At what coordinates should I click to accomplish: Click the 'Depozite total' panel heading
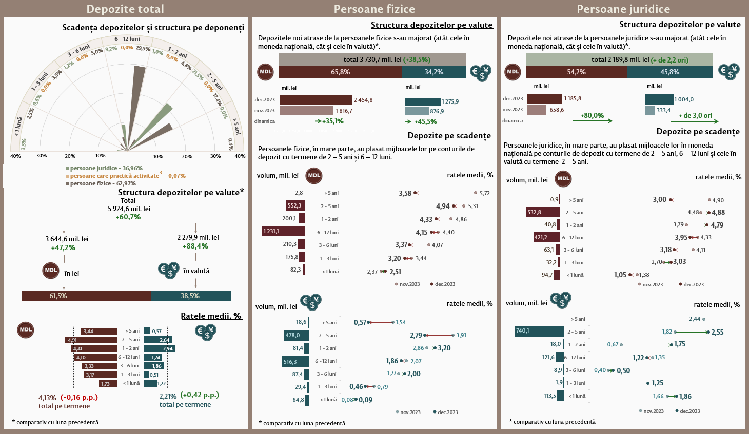(x=125, y=9)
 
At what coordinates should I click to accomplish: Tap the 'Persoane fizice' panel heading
(x=374, y=9)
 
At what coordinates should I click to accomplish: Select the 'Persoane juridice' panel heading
(x=623, y=9)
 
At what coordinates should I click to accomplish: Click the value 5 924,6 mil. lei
(x=129, y=209)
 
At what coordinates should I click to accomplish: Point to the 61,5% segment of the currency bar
(x=86, y=296)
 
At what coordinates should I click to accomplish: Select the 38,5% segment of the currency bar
(x=190, y=296)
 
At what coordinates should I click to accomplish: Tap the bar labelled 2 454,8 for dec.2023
(x=316, y=100)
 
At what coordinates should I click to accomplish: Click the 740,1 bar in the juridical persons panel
(x=539, y=331)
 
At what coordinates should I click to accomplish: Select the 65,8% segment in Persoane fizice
(x=340, y=72)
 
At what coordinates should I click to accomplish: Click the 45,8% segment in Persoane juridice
(x=669, y=72)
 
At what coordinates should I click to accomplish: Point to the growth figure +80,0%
(x=592, y=115)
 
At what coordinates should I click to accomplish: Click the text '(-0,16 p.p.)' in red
(x=79, y=397)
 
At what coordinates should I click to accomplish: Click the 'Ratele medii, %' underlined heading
(x=211, y=316)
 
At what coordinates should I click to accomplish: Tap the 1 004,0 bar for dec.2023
(x=659, y=99)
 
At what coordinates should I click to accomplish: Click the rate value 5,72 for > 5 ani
(x=484, y=193)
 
